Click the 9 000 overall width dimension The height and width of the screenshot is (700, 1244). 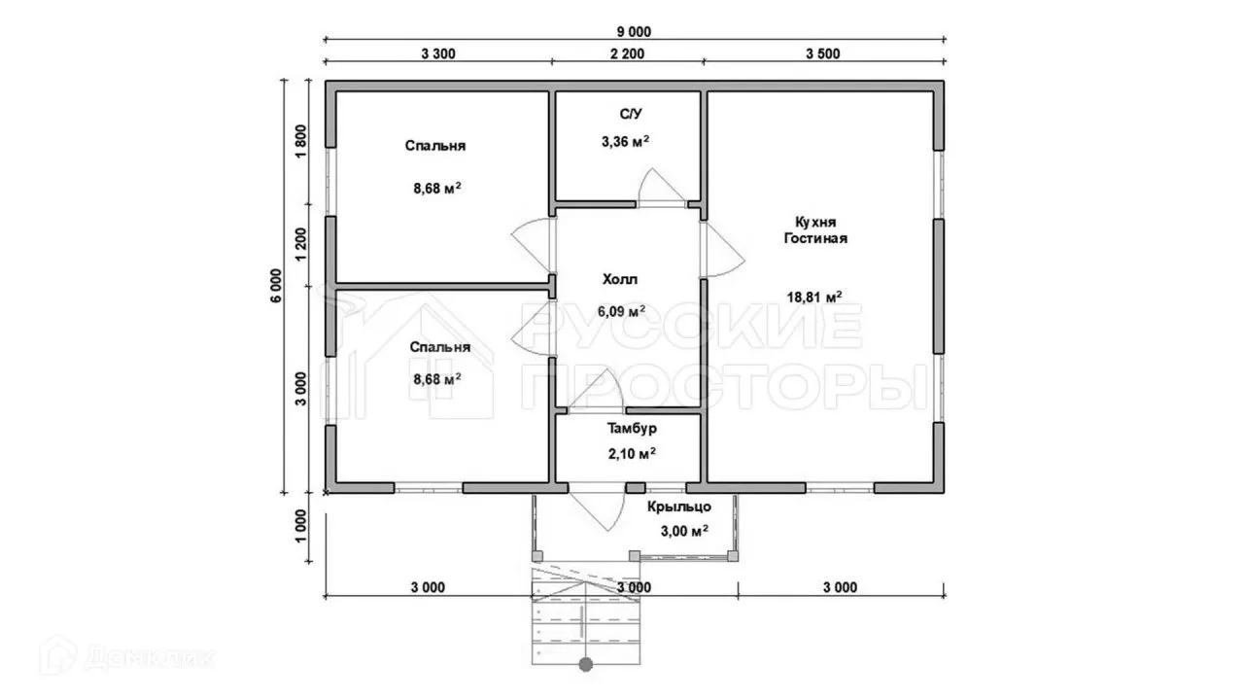(634, 32)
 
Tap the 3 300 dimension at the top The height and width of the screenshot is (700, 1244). (438, 53)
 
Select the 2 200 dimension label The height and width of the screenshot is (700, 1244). (628, 53)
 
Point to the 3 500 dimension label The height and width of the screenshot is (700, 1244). (823, 53)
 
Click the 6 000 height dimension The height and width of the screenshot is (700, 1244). (276, 286)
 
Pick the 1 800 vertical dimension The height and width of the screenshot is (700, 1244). (300, 142)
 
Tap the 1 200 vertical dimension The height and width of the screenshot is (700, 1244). (300, 244)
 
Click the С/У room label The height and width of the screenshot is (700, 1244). (631, 114)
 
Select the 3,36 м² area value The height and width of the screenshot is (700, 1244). (625, 142)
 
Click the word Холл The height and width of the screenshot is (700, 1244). (620, 279)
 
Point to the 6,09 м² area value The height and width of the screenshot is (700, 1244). (621, 311)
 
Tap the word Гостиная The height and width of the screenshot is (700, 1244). (815, 238)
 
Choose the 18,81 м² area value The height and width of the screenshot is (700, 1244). (814, 297)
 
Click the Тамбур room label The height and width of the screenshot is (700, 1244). (632, 429)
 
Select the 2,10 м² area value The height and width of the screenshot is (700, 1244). (632, 454)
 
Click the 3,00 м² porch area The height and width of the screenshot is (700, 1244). (684, 531)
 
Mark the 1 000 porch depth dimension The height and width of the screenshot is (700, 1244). (300, 526)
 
